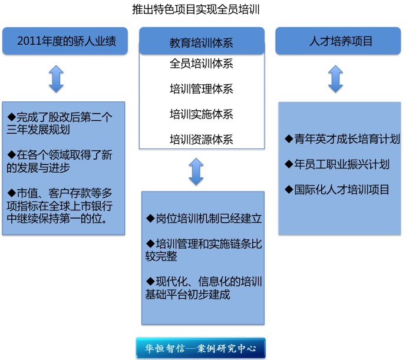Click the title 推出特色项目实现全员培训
tap(196, 9)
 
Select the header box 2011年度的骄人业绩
tap(65, 41)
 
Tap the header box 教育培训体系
tap(202, 41)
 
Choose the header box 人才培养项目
tap(338, 41)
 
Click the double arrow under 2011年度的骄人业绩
tap(56, 79)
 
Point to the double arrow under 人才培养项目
tap(335, 79)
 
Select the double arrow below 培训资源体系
tap(196, 171)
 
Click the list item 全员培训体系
tap(202, 64)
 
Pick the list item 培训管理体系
tap(202, 89)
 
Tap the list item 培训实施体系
tap(202, 114)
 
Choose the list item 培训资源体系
tap(202, 140)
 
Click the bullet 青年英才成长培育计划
tap(342, 139)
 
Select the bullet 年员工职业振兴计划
tap(336, 164)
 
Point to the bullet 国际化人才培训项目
tap(336, 190)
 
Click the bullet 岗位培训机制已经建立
tap(204, 219)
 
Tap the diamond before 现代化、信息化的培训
tap(150, 281)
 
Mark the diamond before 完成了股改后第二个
tap(11, 117)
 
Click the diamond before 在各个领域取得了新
tap(11, 154)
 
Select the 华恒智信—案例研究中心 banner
tap(201, 348)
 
